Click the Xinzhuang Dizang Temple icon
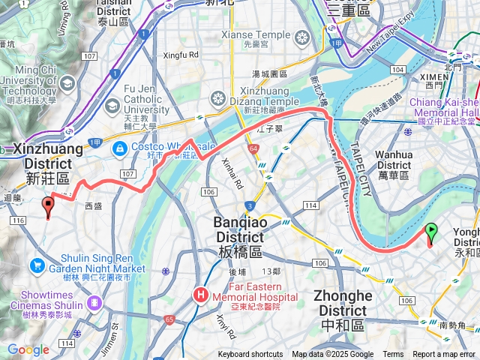pyautogui.click(x=218, y=99)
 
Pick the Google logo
pyautogui.click(x=28, y=349)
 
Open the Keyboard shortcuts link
pyautogui.click(x=250, y=355)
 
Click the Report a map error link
pyautogui.click(x=444, y=355)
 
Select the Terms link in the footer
pyautogui.click(x=393, y=355)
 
